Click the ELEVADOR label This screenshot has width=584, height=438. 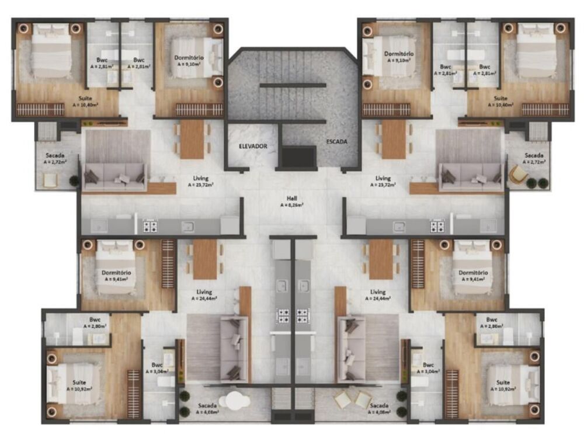click(252, 146)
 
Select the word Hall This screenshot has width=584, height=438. click(292, 199)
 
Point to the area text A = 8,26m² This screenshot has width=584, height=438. click(292, 206)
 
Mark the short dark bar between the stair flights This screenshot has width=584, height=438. click(292, 85)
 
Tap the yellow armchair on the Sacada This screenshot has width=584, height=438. click(517, 175)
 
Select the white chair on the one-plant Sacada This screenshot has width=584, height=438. click(50, 181)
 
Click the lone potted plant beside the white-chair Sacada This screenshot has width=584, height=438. click(74, 181)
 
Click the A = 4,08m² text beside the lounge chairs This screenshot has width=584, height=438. click(378, 412)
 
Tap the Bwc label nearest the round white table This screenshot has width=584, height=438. click(157, 364)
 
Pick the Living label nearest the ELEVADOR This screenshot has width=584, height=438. click(201, 178)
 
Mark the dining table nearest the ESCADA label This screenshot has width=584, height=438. click(393, 139)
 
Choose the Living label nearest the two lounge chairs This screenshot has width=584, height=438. click(378, 291)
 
